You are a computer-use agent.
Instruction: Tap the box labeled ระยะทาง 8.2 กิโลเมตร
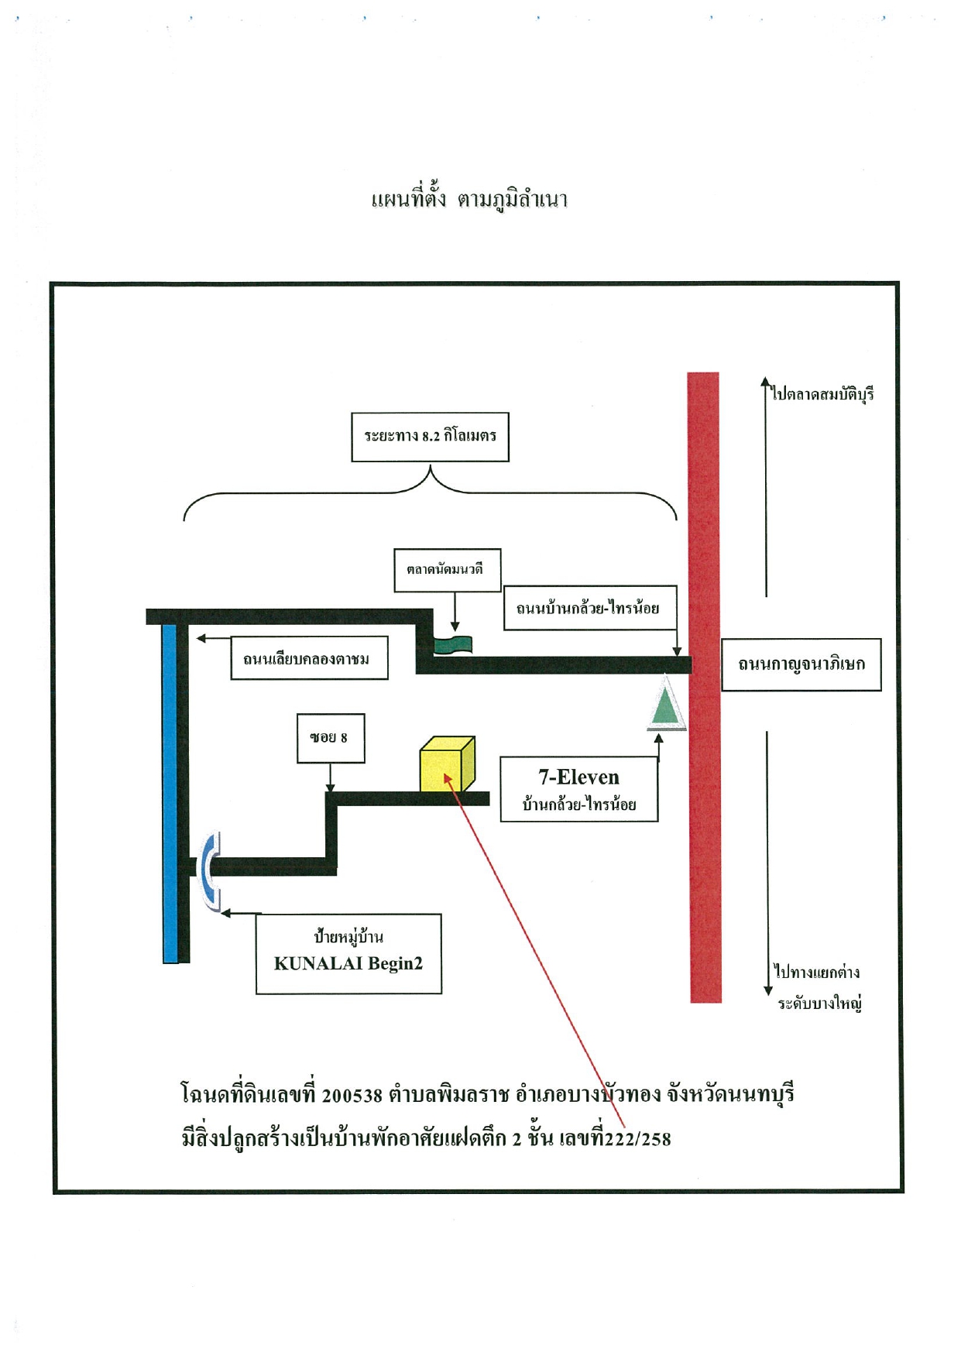coord(430,437)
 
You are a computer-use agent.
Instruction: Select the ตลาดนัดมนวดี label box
coord(447,570)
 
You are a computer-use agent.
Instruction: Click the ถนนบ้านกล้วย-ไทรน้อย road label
coord(589,608)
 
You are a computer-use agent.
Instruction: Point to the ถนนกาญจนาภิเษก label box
coord(801,664)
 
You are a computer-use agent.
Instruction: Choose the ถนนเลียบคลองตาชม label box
coord(309,659)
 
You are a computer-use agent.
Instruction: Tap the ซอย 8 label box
coord(331,738)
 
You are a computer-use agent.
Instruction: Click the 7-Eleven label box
coord(579,788)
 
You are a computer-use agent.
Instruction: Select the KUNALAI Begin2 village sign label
coord(348,953)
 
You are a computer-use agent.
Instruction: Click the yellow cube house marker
coord(447,764)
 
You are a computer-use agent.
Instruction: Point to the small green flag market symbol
coord(453,644)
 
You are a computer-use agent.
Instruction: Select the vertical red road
coord(704,688)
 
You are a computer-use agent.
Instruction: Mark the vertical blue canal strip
coord(170,793)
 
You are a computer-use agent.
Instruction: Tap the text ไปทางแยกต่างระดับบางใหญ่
coord(818,987)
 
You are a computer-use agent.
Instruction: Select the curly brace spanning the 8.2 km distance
coord(430,492)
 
